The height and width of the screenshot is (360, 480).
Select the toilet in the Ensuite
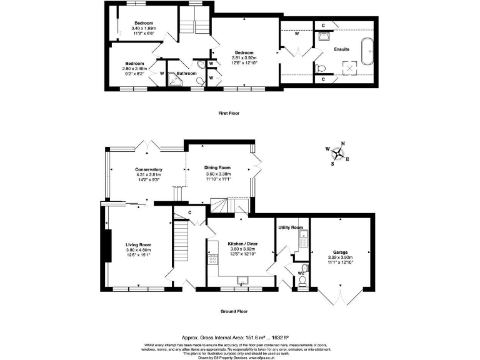319,67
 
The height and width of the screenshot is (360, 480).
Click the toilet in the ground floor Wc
302,283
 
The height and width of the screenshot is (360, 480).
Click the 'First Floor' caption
229,113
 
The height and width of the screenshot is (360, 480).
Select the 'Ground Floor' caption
234,311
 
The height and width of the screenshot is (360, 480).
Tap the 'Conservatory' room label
149,169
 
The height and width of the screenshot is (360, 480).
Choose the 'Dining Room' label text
217,167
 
